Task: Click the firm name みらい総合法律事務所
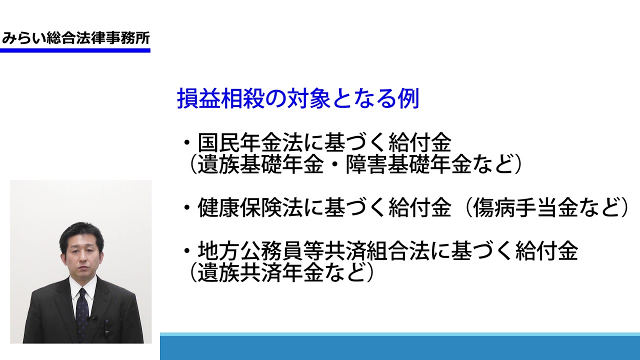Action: click(75, 38)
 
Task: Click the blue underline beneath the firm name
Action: click(75, 50)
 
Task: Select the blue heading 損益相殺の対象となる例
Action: click(298, 98)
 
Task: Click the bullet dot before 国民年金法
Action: click(187, 142)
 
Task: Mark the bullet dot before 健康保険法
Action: click(187, 207)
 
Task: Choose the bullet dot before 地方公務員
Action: click(187, 251)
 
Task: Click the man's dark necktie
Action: click(82, 314)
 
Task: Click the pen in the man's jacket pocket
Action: click(106, 328)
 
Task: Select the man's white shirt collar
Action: click(83, 285)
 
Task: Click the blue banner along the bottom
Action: click(400, 346)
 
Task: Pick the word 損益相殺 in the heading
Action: click(220, 98)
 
